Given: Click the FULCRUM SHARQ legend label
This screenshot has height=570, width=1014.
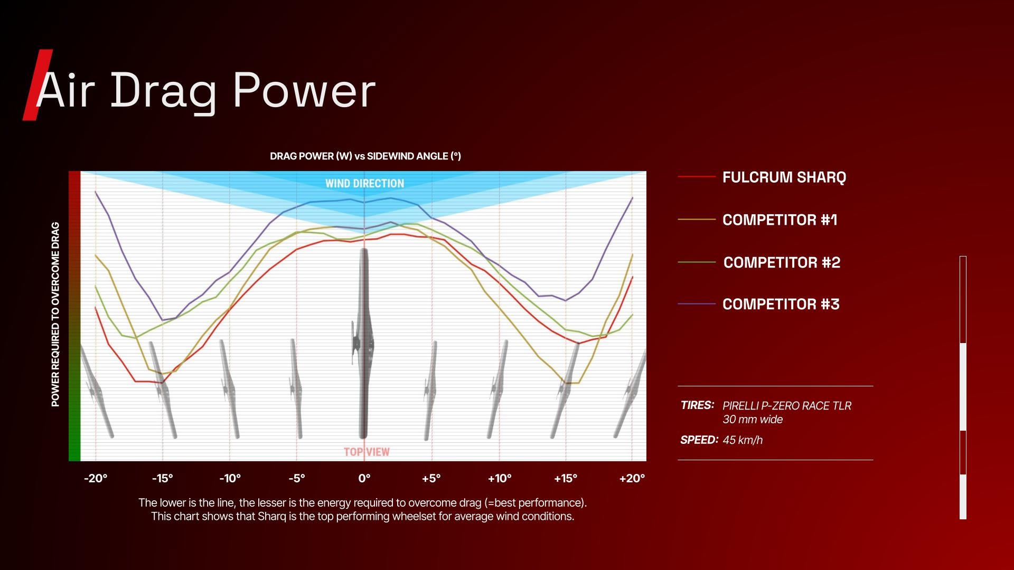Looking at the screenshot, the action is [784, 177].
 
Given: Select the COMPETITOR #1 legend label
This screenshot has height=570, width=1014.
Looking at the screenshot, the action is [780, 220].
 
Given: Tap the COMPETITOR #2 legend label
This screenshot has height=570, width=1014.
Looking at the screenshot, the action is [782, 262].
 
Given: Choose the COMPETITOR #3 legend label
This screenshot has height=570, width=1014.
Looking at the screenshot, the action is [781, 305].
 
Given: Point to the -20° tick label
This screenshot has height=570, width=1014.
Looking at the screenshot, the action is [96, 479].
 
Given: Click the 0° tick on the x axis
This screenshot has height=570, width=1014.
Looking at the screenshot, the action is [364, 479].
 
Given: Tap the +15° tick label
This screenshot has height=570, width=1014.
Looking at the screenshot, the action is [566, 479].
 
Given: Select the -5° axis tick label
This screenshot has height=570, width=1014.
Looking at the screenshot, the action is [297, 479].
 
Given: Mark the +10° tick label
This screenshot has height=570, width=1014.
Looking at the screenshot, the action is [500, 479].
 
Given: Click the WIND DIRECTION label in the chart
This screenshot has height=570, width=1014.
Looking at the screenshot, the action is [364, 184].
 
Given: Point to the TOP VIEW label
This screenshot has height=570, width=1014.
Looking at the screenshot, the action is [367, 452].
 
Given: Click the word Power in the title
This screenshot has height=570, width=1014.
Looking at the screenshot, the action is [304, 90].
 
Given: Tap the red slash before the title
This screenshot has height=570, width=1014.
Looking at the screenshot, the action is [37, 85].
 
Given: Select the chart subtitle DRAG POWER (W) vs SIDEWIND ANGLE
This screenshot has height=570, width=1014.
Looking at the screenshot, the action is [365, 156].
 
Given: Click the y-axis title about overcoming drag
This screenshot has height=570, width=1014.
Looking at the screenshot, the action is [55, 315].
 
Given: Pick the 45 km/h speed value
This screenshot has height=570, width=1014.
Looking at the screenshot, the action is [743, 440].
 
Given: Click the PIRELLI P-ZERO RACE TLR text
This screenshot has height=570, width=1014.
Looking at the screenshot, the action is [787, 406].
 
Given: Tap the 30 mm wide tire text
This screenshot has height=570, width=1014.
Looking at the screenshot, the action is [753, 420].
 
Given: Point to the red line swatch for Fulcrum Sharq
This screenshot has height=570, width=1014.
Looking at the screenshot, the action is [697, 176].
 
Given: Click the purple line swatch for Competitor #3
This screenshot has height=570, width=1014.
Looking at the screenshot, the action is [697, 304].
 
